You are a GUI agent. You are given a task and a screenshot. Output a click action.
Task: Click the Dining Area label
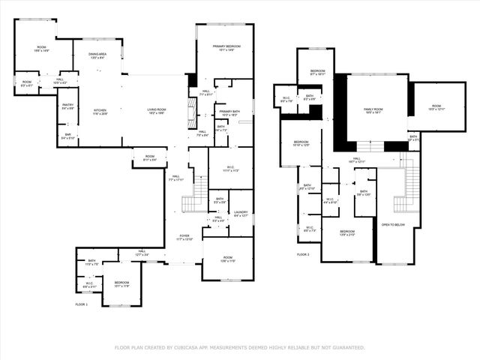click(97, 55)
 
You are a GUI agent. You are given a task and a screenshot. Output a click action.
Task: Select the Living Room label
click(156, 110)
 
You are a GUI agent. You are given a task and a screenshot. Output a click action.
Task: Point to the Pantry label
click(67, 105)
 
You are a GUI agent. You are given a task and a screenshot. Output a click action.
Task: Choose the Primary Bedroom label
click(225, 47)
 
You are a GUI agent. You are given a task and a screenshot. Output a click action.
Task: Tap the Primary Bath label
click(229, 112)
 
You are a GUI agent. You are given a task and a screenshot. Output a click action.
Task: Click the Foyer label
click(184, 236)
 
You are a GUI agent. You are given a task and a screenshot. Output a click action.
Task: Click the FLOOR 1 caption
click(81, 304)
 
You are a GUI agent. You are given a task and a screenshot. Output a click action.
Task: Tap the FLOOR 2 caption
click(302, 255)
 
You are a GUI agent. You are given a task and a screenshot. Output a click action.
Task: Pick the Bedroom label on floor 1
click(121, 283)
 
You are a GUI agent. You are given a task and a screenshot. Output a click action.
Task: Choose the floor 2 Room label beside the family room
click(436, 107)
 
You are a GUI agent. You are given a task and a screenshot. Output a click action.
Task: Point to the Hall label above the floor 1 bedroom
click(142, 253)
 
